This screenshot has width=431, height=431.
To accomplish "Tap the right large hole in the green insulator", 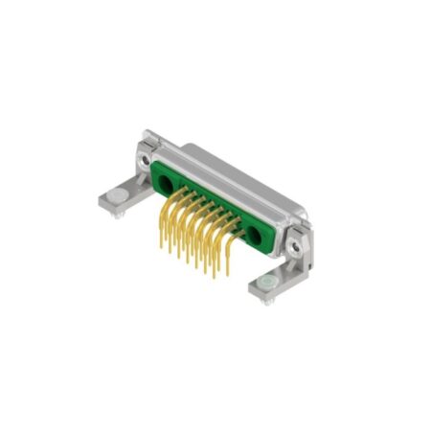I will pyautogui.click(x=256, y=234).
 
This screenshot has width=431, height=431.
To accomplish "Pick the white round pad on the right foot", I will pyautogui.click(x=264, y=284).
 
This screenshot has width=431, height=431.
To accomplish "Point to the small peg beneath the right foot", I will pyautogui.click(x=269, y=302).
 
